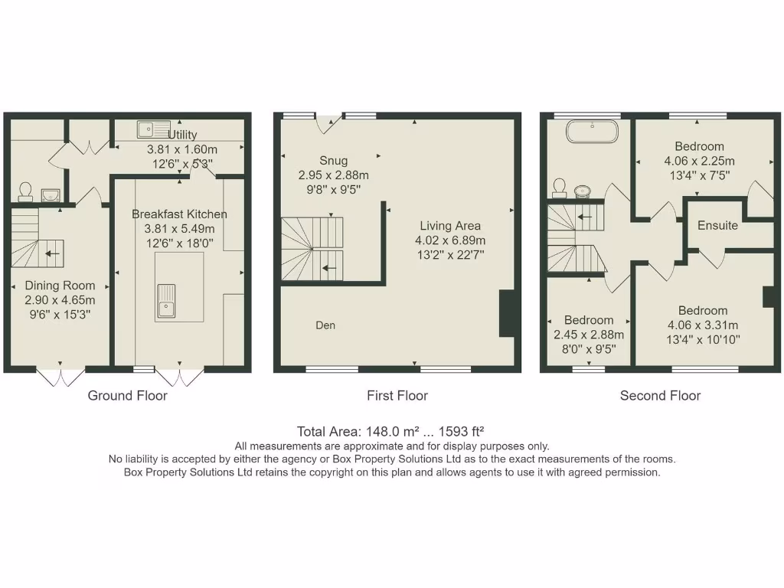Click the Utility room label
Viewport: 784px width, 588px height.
[182, 135]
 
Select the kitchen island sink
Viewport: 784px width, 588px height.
[166, 299]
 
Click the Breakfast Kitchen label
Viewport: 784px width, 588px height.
[179, 214]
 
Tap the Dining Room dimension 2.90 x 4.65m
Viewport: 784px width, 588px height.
[60, 299]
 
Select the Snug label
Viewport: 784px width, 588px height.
[333, 161]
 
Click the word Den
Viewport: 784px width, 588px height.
[325, 325]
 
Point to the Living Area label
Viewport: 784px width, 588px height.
[450, 226]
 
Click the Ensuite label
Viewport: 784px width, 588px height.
[717, 225]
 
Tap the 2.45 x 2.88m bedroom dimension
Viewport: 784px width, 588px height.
[589, 335]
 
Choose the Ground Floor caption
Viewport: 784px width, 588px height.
[127, 396]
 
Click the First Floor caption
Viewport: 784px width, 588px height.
[397, 396]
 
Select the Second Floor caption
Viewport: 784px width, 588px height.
[660, 396]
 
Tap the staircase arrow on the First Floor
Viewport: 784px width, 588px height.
[330, 268]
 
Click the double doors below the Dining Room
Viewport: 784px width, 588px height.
[60, 377]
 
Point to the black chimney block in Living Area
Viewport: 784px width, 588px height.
[507, 314]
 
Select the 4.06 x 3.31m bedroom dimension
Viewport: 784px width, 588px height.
[702, 325]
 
